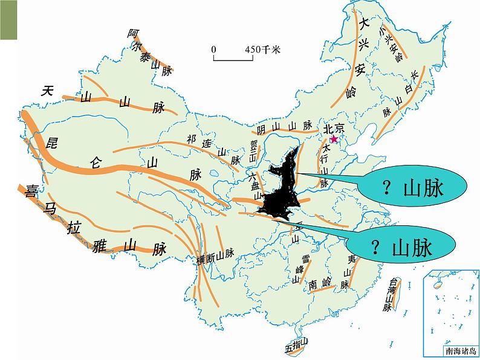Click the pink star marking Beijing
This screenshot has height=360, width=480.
click(334, 140)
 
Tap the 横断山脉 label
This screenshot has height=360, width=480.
click(215, 258)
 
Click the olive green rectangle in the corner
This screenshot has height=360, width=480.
click(9, 21)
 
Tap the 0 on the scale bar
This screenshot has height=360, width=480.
click(213, 50)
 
